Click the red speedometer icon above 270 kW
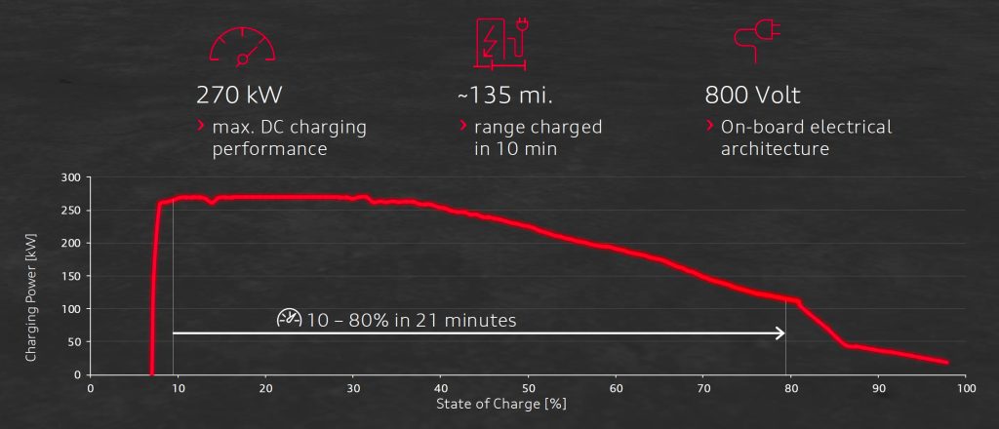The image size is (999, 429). point(243,43)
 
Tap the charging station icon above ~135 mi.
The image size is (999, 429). point(498,43)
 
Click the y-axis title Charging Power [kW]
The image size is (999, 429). point(31,276)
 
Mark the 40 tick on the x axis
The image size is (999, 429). point(440,387)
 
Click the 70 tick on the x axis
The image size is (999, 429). point(702,387)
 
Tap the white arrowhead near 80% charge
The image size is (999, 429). point(779,333)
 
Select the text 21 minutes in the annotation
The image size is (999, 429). point(466,320)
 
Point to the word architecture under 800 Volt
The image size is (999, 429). point(775,149)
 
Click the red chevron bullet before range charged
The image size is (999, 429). point(462,126)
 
